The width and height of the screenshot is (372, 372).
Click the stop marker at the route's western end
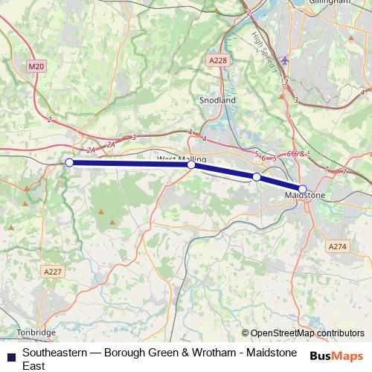coord(69,162)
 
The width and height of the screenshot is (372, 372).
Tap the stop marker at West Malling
coord(191,165)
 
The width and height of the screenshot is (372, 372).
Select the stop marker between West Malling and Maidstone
coord(256,177)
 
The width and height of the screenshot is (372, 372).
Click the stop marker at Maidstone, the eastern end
coord(303,189)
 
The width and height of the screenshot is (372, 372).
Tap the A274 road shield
coord(338,245)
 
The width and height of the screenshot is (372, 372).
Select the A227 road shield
coord(52,272)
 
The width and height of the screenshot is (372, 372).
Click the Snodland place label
coord(217,100)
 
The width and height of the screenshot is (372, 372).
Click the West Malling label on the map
coord(182,158)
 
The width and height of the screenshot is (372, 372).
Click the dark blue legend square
coord(11,356)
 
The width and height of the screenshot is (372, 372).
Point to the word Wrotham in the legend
coord(208,352)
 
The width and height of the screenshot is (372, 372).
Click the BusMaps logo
coord(336,356)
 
